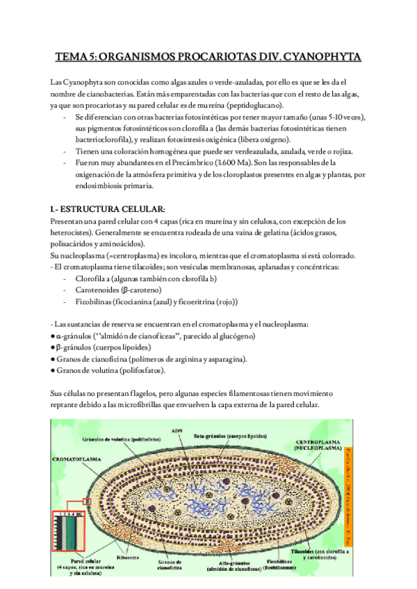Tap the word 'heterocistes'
click(72, 233)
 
